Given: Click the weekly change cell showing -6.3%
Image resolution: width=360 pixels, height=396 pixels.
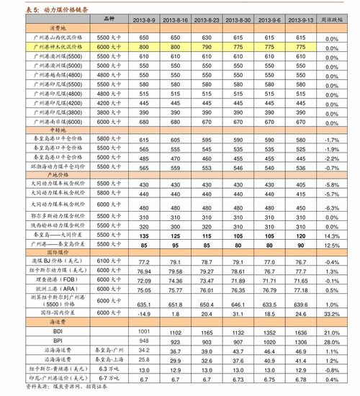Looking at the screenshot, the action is pyautogui.click(x=332, y=207).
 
